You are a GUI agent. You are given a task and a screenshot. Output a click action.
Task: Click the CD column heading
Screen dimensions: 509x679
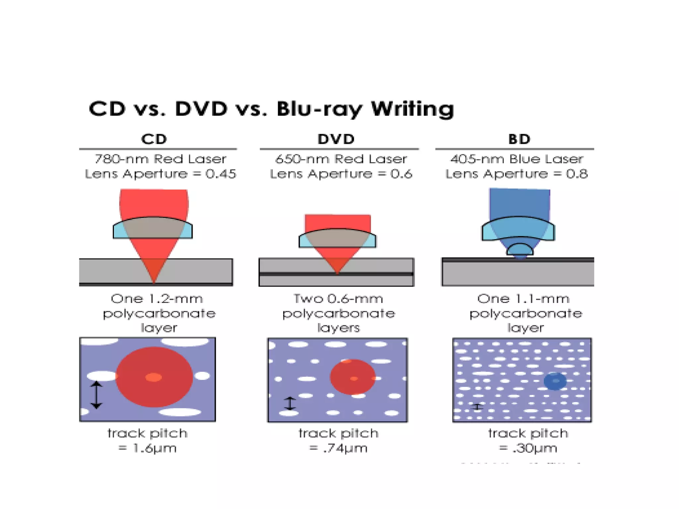click(x=154, y=139)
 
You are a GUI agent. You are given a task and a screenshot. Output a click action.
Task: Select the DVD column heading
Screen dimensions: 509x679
click(x=336, y=139)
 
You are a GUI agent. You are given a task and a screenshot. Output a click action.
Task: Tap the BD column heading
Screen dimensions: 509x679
click(x=519, y=139)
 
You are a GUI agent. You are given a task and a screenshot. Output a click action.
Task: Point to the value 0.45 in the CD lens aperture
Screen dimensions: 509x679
click(x=220, y=174)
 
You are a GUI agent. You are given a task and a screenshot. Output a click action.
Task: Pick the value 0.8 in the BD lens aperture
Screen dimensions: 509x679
click(x=577, y=174)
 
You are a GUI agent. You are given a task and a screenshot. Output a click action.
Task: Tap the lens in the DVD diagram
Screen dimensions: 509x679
click(x=337, y=238)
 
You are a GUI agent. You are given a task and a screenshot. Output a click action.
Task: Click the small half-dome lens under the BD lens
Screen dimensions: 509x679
click(x=520, y=250)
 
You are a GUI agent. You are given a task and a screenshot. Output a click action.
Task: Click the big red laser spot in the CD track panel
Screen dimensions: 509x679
click(x=154, y=377)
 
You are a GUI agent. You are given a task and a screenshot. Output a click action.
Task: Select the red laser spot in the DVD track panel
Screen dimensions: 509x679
click(x=353, y=377)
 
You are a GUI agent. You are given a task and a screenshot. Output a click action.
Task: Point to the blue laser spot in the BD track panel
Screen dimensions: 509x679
click(x=555, y=381)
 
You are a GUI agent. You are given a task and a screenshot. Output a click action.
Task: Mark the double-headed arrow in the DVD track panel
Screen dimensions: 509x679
click(x=290, y=403)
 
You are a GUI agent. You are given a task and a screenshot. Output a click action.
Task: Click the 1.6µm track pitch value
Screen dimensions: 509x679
click(x=154, y=448)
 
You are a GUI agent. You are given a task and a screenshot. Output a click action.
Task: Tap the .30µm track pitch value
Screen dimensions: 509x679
click(x=534, y=448)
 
